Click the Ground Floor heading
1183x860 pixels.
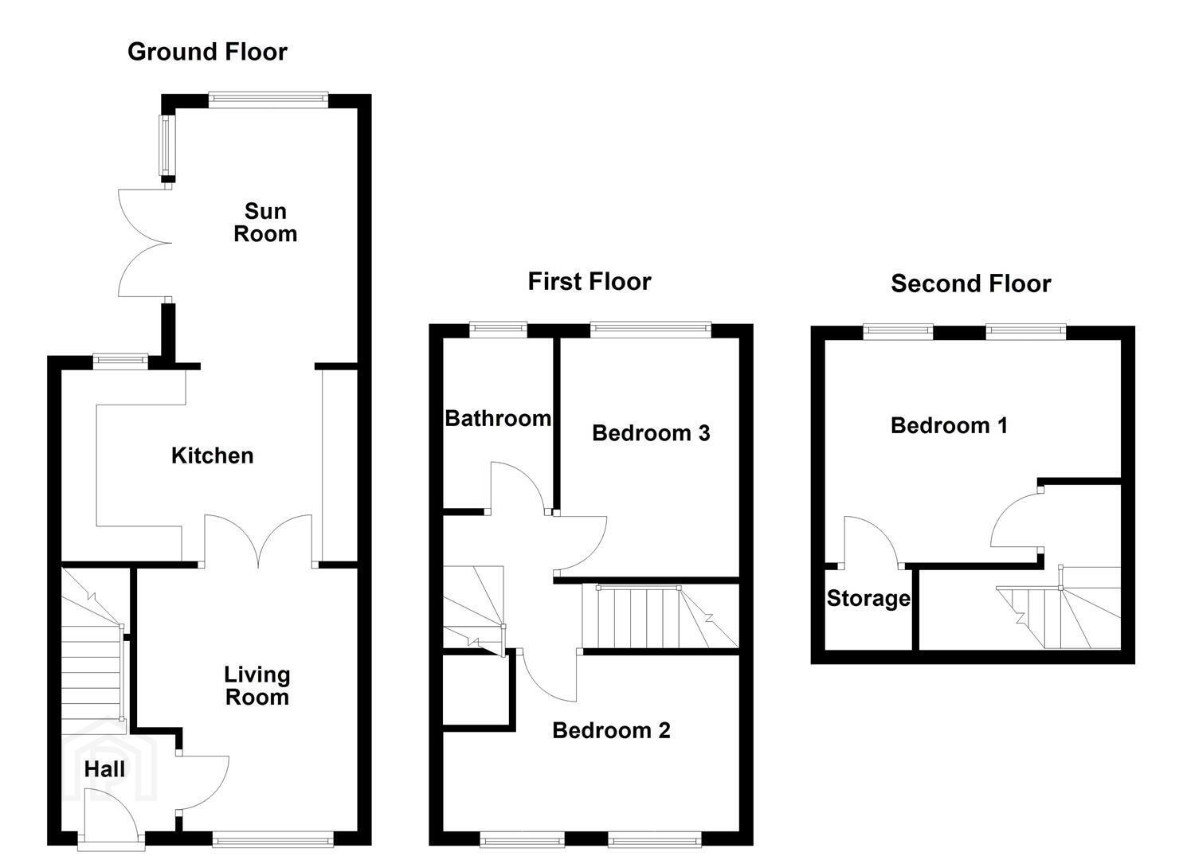click(207, 53)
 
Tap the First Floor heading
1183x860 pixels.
click(590, 281)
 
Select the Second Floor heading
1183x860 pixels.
click(970, 283)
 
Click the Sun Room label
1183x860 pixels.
click(265, 222)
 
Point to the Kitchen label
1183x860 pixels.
click(213, 455)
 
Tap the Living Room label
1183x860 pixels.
click(257, 686)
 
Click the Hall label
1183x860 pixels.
click(104, 769)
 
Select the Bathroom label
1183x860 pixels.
click(498, 419)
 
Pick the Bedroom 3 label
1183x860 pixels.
click(651, 433)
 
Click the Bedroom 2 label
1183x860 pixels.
click(611, 731)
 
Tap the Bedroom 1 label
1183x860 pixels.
click(949, 425)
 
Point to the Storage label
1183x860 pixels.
click(868, 599)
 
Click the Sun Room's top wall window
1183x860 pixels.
click(268, 100)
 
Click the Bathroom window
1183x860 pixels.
click(498, 330)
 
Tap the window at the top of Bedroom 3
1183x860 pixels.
click(650, 330)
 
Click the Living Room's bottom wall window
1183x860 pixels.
click(273, 838)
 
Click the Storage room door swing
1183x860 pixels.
click(872, 541)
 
